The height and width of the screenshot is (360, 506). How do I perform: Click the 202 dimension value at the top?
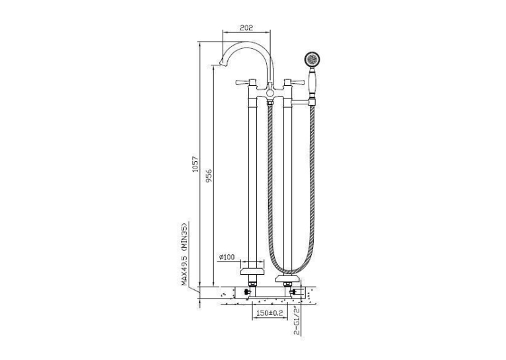point(246,28)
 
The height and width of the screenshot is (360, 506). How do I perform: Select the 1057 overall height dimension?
point(196,164)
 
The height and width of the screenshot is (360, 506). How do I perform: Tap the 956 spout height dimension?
point(209,176)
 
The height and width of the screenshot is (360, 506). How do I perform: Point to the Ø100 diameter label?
point(227,257)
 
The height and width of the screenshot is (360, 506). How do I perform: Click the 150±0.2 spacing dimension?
point(270,313)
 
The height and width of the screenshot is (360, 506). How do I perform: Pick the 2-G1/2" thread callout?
point(297,320)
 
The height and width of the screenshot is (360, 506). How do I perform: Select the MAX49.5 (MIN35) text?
point(184,254)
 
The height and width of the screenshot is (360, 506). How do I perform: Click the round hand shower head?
point(312,59)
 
